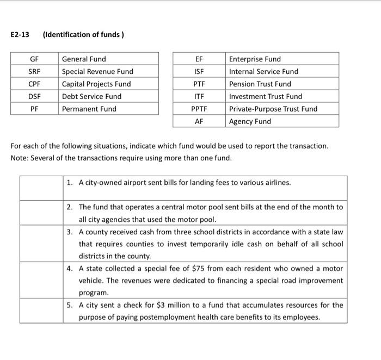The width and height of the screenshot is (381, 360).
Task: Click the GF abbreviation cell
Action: point(34,59)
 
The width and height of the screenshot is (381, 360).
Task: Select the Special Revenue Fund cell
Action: point(97,71)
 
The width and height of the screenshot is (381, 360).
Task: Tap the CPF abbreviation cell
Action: point(34,84)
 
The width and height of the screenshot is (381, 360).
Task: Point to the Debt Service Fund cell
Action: point(91,96)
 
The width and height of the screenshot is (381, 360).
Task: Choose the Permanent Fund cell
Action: point(89,109)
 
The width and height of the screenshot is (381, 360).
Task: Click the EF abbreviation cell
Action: point(199,59)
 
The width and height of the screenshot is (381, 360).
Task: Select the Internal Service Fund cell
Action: point(263,71)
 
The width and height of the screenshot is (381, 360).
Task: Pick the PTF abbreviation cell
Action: point(199,84)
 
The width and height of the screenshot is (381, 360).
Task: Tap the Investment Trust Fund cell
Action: point(265,96)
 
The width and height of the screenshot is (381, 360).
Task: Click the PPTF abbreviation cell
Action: point(199,109)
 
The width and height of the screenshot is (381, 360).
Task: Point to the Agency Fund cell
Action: point(250,121)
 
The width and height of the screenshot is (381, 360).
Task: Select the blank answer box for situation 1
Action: point(40,188)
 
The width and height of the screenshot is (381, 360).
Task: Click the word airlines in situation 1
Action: point(276,182)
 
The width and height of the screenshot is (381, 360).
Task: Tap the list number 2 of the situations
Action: point(70,207)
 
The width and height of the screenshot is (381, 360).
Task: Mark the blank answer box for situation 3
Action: point(40,244)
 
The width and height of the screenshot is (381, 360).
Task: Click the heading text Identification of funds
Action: point(83,35)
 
